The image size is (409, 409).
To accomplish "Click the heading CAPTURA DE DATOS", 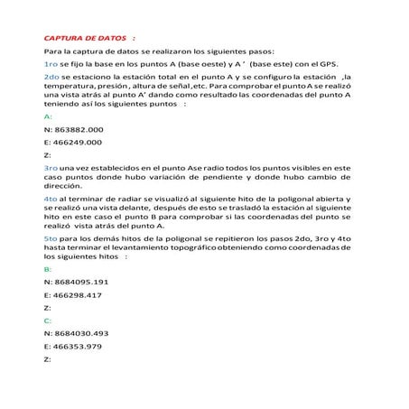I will coord(85,39).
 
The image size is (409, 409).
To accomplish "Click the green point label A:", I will coord(47,117).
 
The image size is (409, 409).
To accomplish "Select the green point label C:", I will coord(47,321).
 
